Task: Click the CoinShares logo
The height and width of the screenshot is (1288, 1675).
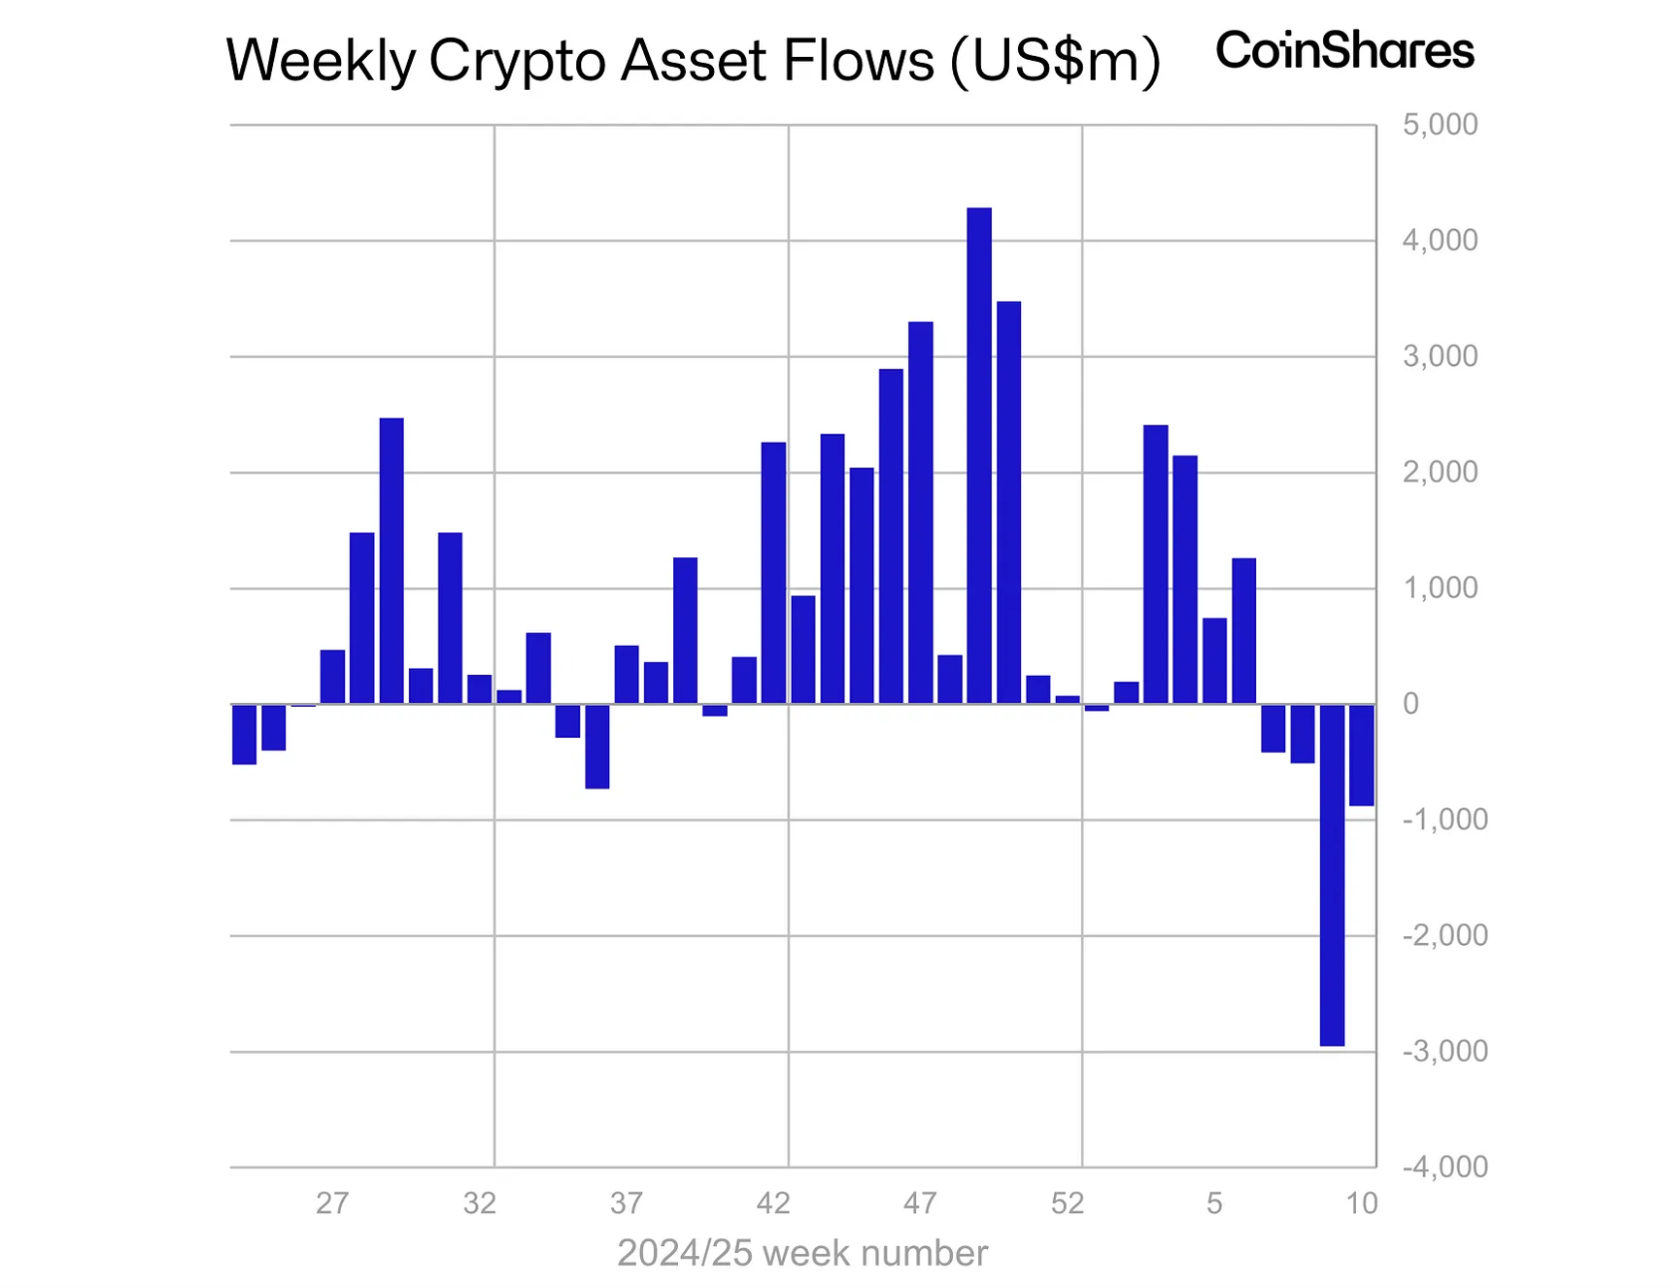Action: click(1344, 51)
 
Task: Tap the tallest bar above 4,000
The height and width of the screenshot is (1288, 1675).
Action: click(979, 455)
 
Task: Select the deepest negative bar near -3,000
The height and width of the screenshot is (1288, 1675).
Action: click(1332, 874)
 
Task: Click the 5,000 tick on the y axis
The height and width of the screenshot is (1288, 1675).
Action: click(1440, 126)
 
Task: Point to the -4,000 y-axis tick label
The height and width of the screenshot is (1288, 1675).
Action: click(1445, 1166)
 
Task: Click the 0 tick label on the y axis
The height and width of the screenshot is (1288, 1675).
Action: click(1411, 704)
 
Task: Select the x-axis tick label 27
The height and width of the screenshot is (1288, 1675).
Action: click(332, 1203)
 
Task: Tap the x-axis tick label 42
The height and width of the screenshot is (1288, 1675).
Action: click(773, 1203)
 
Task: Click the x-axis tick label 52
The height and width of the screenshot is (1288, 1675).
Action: click(1067, 1203)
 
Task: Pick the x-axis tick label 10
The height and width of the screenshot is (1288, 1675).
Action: click(1361, 1203)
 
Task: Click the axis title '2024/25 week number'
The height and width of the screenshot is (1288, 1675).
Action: click(802, 1253)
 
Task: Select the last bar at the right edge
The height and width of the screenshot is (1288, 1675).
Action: click(1361, 755)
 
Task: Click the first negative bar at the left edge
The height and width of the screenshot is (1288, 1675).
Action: click(244, 734)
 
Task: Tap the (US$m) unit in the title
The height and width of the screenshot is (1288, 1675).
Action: click(1056, 62)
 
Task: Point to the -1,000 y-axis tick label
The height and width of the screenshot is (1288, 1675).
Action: click(1445, 819)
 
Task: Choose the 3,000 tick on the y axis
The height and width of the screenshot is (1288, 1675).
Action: click(1440, 357)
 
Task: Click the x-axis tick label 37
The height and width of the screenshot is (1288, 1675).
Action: click(626, 1203)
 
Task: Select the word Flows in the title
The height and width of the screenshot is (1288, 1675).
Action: click(858, 62)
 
